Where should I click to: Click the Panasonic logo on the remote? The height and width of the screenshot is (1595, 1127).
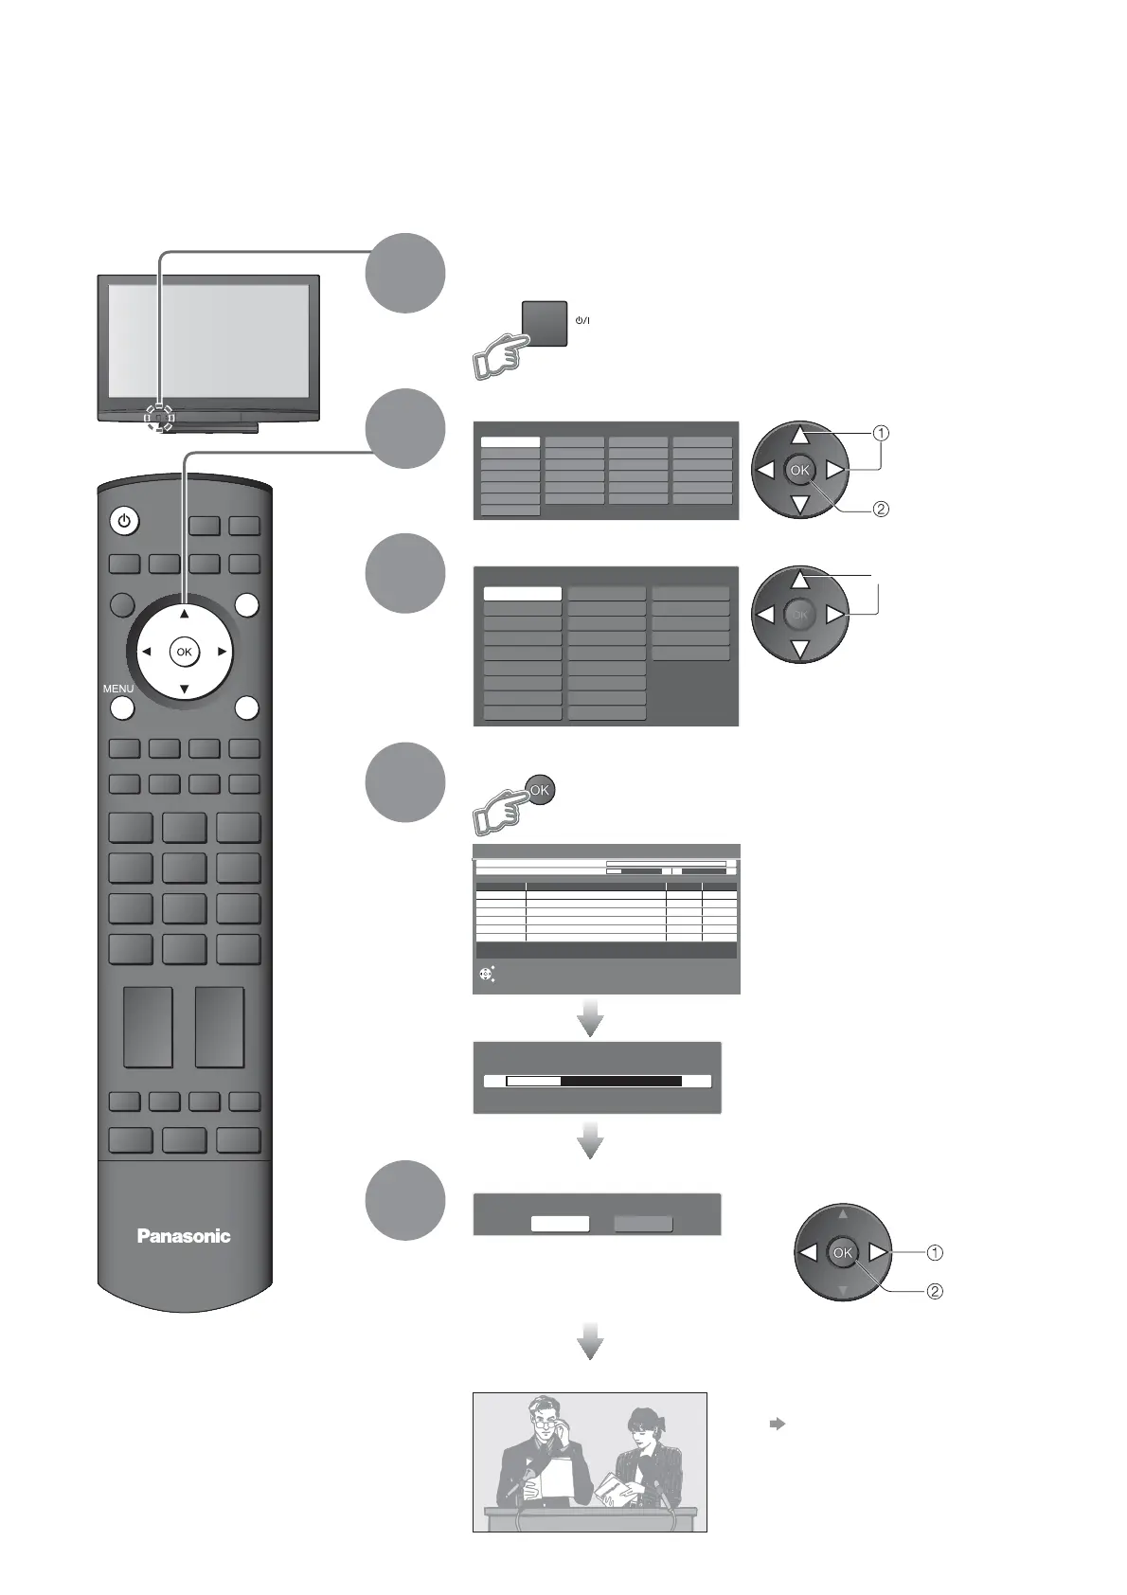pos(184,1235)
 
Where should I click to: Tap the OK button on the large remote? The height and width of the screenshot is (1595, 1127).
pos(184,652)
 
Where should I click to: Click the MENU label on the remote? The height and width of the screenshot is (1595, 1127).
pos(118,689)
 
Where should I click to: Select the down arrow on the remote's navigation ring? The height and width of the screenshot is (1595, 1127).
pos(184,689)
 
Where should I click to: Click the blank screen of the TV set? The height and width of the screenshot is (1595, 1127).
pos(208,341)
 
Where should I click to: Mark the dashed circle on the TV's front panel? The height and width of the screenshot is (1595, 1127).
pos(159,416)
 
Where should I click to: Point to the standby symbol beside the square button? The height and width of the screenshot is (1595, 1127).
pos(582,320)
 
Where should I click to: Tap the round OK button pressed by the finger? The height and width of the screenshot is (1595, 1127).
pos(539,790)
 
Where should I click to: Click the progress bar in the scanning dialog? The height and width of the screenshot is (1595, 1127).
pos(594,1081)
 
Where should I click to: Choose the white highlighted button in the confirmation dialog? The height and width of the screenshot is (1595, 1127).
pos(560,1224)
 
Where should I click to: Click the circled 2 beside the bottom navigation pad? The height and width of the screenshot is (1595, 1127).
pos(934,1291)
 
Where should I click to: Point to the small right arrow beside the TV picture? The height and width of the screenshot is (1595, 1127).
pos(777,1424)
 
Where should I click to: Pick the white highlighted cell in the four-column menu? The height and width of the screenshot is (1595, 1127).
pos(510,441)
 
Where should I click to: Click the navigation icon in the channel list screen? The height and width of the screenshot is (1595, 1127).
pos(487,974)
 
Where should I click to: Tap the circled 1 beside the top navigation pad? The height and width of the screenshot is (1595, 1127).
pos(881,434)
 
